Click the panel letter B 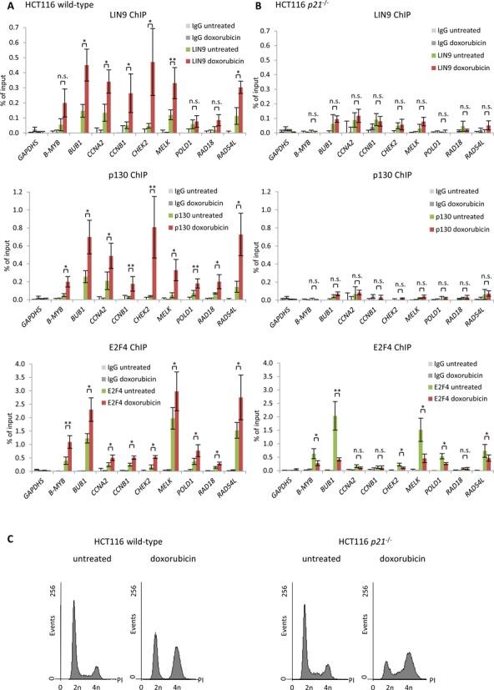tap(256, 7)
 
